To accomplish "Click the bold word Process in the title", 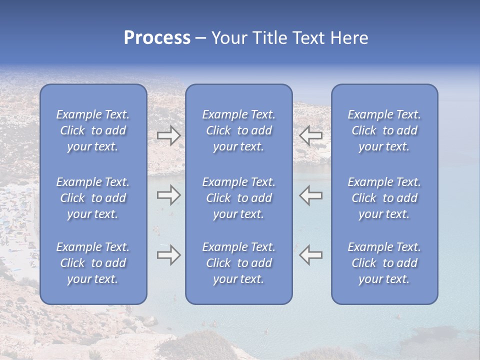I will pyautogui.click(x=157, y=38).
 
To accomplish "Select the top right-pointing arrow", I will pyautogui.click(x=168, y=135).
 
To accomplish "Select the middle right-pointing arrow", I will pyautogui.click(x=168, y=195).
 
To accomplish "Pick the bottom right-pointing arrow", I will pyautogui.click(x=168, y=255).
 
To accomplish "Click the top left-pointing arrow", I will pyautogui.click(x=310, y=135).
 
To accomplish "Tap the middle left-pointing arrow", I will pyautogui.click(x=310, y=195).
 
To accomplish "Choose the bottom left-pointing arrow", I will pyautogui.click(x=310, y=255).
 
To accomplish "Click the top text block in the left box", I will pyautogui.click(x=93, y=130).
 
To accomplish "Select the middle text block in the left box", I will pyautogui.click(x=93, y=198).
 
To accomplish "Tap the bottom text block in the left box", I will pyautogui.click(x=93, y=263).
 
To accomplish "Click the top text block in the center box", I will pyautogui.click(x=238, y=130).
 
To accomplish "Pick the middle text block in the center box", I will pyautogui.click(x=238, y=198).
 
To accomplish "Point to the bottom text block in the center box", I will pyautogui.click(x=238, y=263).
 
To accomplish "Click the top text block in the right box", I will pyautogui.click(x=384, y=130).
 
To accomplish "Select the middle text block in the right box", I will pyautogui.click(x=384, y=198).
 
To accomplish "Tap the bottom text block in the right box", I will pyautogui.click(x=384, y=263).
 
